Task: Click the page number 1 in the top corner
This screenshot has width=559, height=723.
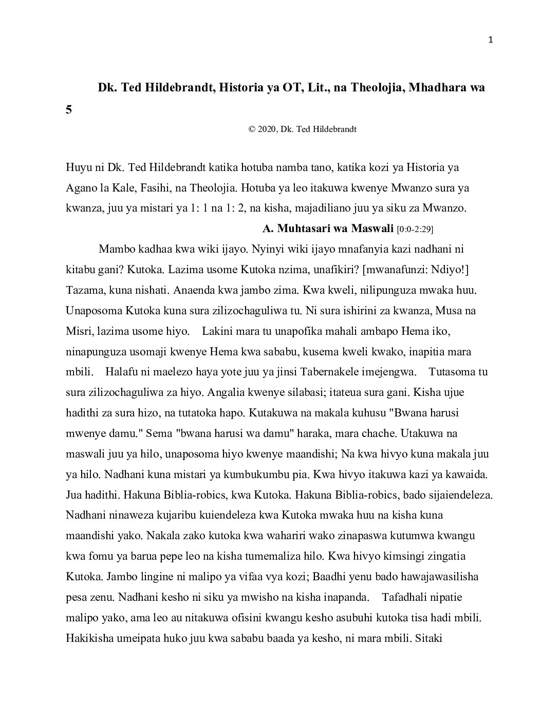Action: click(x=491, y=41)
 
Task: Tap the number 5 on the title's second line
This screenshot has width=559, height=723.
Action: click(x=69, y=109)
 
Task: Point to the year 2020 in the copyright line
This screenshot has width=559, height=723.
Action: click(x=267, y=129)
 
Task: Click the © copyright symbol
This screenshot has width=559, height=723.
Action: click(x=252, y=129)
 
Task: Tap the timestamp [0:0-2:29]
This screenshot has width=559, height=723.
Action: click(x=418, y=229)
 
